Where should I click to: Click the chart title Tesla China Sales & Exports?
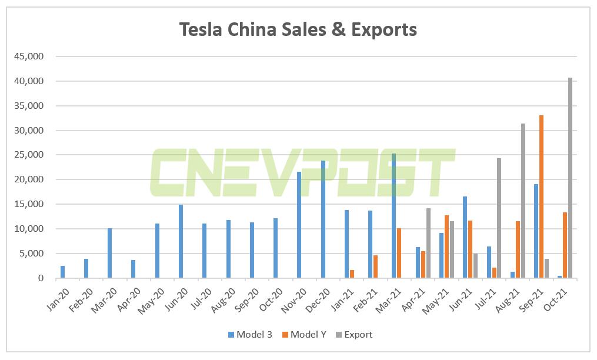pyautogui.click(x=298, y=29)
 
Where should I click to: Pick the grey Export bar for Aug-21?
pyautogui.click(x=523, y=201)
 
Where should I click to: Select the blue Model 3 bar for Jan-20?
pyautogui.click(x=63, y=272)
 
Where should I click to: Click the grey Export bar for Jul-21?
pyautogui.click(x=499, y=218)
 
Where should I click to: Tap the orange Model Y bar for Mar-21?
pyautogui.click(x=399, y=253)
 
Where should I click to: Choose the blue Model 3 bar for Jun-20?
pyautogui.click(x=181, y=241)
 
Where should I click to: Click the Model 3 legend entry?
pyautogui.click(x=250, y=335)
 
